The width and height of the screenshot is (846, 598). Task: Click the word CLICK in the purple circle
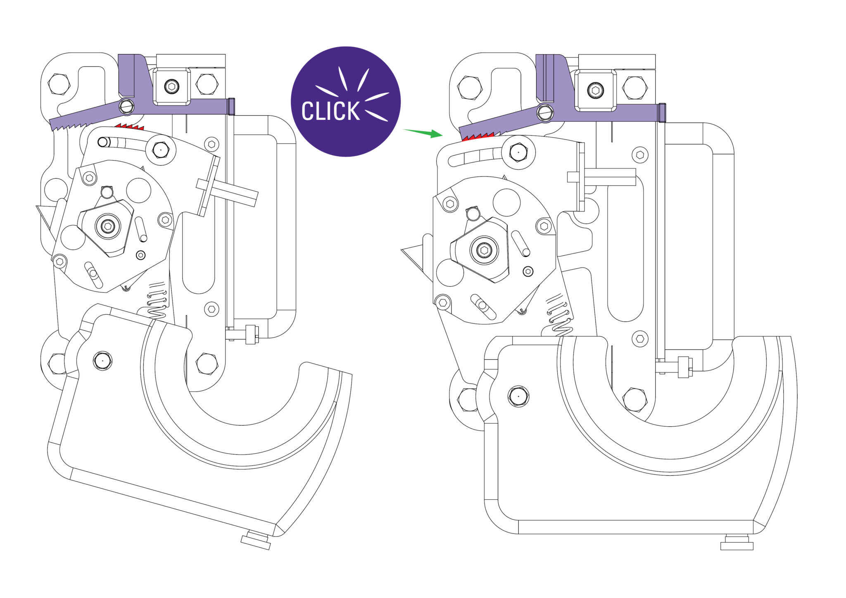click(x=330, y=111)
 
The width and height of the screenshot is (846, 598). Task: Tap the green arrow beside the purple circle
click(x=423, y=133)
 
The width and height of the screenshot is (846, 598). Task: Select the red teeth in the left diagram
click(x=129, y=126)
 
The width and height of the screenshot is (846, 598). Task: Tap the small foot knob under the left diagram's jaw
click(x=256, y=541)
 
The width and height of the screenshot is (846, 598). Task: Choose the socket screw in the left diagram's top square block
click(x=171, y=86)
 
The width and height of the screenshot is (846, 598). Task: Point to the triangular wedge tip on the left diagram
click(x=36, y=206)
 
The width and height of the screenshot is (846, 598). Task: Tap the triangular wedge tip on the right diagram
click(x=401, y=250)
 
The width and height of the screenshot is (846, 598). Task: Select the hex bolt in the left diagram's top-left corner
click(x=59, y=84)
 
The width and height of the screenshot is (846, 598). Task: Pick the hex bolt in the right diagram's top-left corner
click(x=469, y=88)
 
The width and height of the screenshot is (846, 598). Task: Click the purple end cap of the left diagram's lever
click(x=231, y=107)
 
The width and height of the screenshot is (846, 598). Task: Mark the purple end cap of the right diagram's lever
click(x=662, y=113)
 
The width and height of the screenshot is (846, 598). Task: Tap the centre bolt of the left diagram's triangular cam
click(x=108, y=226)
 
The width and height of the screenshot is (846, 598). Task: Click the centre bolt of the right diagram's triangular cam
click(x=484, y=250)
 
